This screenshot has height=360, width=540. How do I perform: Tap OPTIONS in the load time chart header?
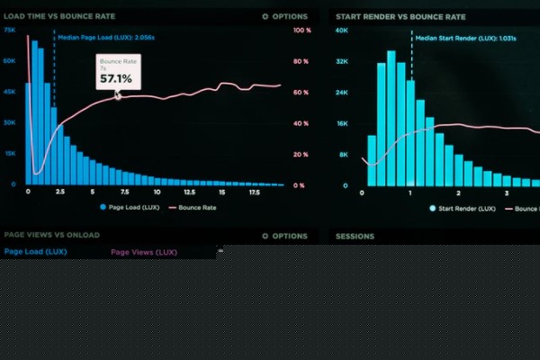point(285,16)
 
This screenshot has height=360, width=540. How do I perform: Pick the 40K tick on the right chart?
point(341,31)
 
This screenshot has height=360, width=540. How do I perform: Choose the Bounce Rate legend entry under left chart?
point(196,208)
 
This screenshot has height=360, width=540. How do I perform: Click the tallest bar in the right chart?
point(391,117)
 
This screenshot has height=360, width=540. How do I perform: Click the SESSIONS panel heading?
point(355,237)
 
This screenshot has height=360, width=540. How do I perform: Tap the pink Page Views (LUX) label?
point(144,253)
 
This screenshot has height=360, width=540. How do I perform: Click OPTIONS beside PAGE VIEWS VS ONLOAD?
point(285,237)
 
